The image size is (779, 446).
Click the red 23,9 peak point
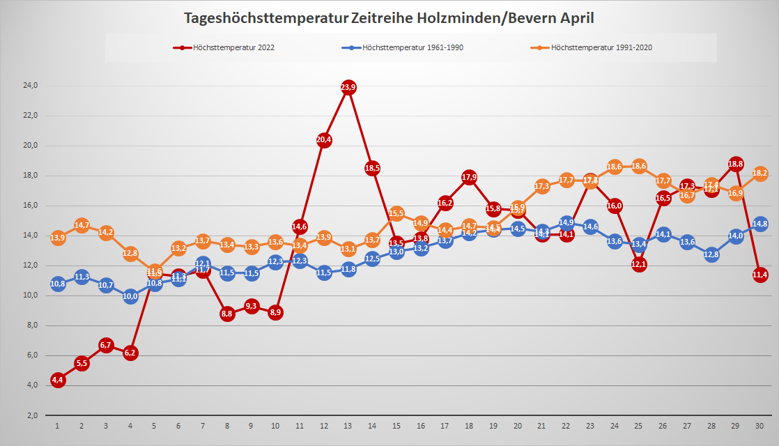pos(348,87)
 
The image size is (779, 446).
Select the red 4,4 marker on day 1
pos(58,380)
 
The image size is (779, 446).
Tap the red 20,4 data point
pos(324,139)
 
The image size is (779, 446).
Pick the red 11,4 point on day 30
pos(760,275)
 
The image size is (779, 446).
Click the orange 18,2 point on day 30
pos(760,174)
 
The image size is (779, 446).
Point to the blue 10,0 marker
pos(130,296)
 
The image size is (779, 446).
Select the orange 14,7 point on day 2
pos(82,225)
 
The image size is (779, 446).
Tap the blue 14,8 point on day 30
pos(760,224)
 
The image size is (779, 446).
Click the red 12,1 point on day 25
pos(639,264)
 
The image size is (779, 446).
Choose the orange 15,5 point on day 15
pos(396,213)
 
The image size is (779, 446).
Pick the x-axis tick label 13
pos(348,426)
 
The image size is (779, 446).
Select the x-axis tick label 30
pos(759,426)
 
